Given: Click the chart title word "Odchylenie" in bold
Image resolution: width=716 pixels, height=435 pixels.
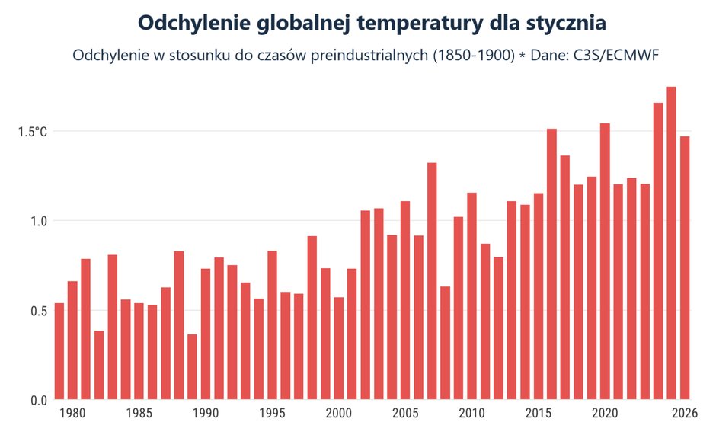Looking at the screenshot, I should click(x=196, y=23).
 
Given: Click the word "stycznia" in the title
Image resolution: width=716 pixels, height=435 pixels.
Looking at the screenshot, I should click(x=562, y=23).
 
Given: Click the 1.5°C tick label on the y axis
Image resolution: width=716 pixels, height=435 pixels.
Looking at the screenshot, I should click(x=33, y=132).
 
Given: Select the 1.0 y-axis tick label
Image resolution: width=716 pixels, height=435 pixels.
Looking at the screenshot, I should click(x=38, y=221).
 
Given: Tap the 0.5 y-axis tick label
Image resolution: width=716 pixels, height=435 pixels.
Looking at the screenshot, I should click(x=38, y=311).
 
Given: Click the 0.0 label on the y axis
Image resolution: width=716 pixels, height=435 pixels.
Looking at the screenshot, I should click(x=38, y=400).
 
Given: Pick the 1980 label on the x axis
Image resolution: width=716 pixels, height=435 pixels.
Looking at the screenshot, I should click(x=72, y=414).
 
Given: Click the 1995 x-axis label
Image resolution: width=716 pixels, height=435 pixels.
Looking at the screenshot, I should click(x=272, y=414).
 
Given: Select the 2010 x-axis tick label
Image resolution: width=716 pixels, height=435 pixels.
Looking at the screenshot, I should click(x=471, y=414).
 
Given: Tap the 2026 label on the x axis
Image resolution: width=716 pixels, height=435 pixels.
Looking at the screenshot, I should click(x=685, y=414).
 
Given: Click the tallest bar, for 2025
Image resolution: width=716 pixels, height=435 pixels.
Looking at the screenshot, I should click(x=671, y=244).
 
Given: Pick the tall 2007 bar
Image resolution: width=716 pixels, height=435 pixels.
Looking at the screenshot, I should click(x=432, y=281).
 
